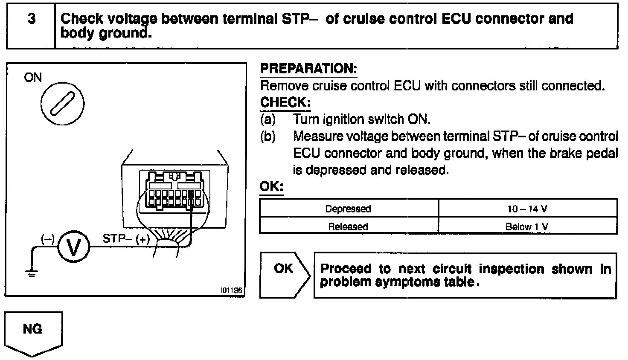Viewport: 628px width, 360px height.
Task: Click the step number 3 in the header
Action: [x=31, y=19]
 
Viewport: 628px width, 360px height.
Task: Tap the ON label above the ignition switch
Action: [x=33, y=78]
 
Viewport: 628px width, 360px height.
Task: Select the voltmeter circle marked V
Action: [x=73, y=247]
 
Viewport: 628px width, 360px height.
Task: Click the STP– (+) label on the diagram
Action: [x=126, y=238]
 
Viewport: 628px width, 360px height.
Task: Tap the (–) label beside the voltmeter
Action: [x=48, y=239]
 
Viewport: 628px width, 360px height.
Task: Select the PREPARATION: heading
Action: [x=308, y=69]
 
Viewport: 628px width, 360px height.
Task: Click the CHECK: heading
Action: [x=285, y=103]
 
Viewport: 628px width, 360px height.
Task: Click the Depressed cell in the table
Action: [x=348, y=209]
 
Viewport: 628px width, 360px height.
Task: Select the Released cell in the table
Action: [x=348, y=226]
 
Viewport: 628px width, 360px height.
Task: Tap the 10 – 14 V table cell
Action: [x=527, y=209]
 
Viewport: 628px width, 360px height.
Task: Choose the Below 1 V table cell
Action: [x=527, y=226]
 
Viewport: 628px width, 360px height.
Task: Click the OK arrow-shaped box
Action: [x=284, y=274]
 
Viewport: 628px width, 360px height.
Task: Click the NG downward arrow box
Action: [x=33, y=333]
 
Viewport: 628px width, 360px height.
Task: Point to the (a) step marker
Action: [x=268, y=119]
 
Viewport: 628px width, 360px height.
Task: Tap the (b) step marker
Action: [x=268, y=136]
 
